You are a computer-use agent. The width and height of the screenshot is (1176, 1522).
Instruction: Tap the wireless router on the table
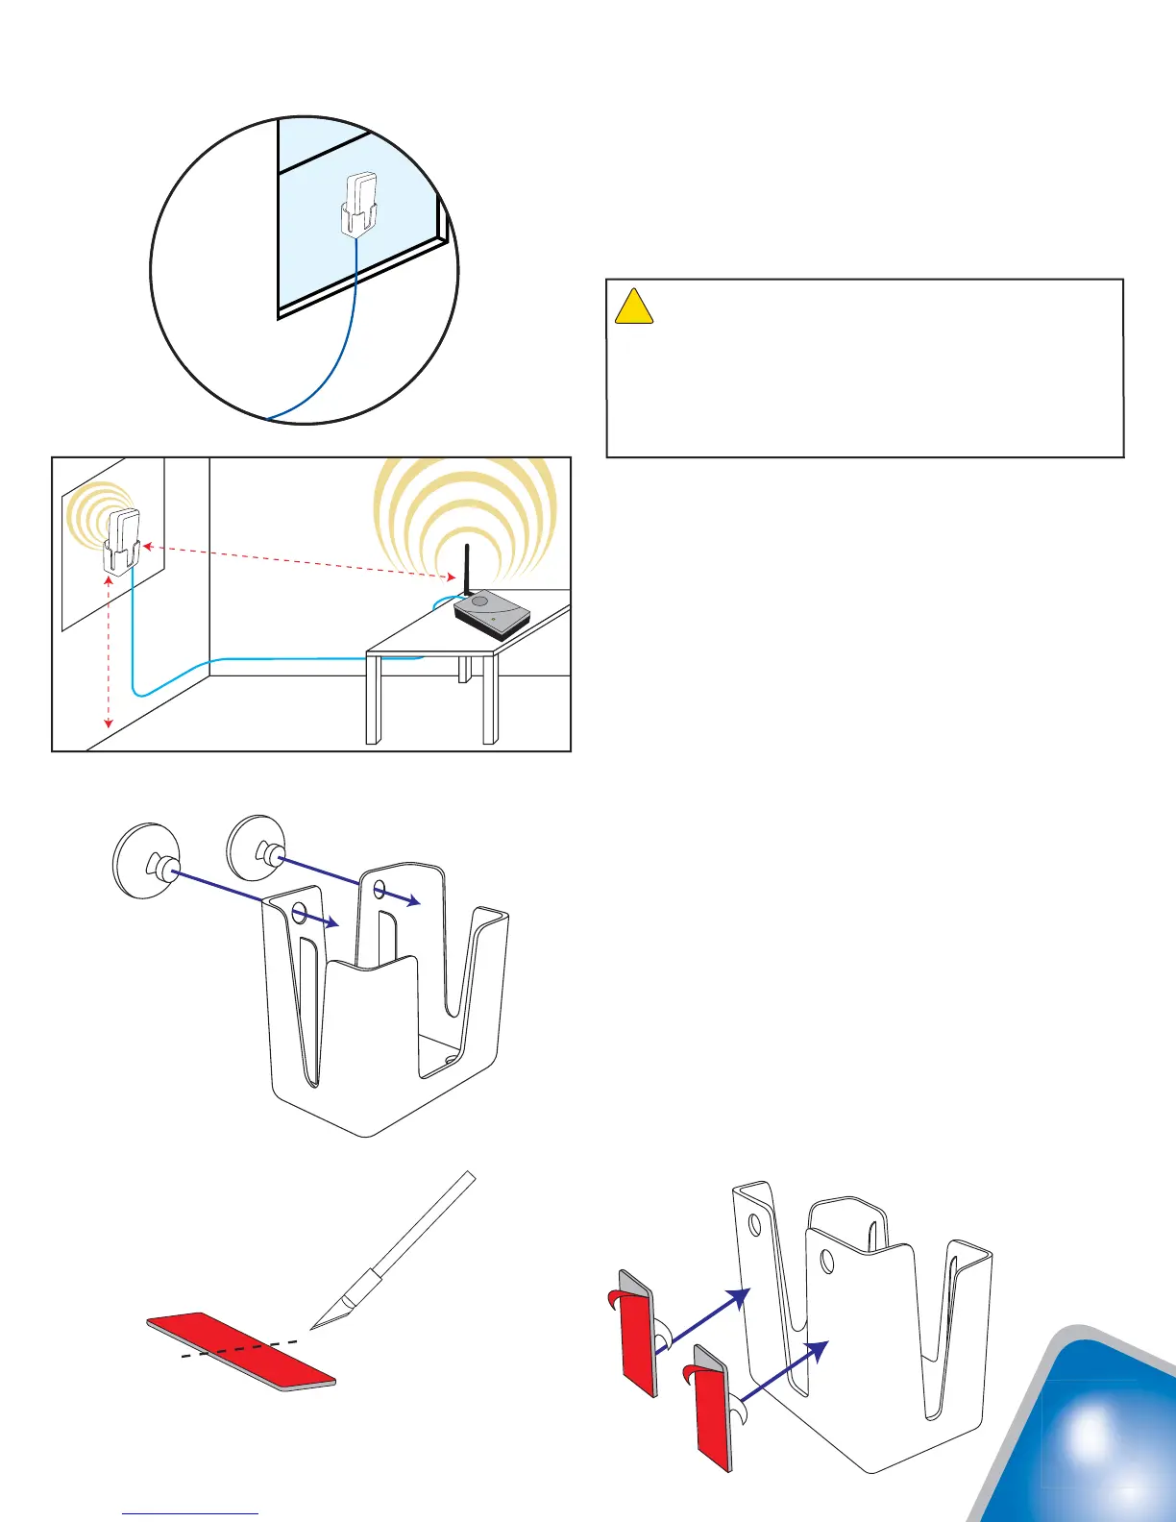[491, 615]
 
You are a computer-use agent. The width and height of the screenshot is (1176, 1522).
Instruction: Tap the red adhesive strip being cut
[241, 1351]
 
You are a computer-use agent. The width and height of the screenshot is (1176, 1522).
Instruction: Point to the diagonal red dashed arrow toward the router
[298, 562]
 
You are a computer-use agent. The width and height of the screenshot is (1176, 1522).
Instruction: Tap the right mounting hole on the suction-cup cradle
[380, 889]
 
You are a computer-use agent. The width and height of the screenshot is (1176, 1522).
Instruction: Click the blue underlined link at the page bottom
[190, 1513]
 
